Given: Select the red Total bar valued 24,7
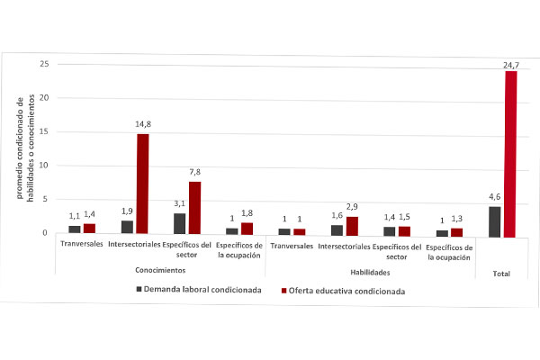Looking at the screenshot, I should pos(510,154).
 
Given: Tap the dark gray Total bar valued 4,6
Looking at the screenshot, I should pos(494,222).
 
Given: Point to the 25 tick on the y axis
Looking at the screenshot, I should pos(44,65).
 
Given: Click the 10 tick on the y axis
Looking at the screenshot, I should pos(44,166).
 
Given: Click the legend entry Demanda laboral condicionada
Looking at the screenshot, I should pos(199,291).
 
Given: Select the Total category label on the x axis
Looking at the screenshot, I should pos(501,271).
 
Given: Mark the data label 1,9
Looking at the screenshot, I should pos(127,213).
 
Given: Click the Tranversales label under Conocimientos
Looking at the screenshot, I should pos(82,245).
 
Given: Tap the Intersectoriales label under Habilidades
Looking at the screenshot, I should pos(343,245).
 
